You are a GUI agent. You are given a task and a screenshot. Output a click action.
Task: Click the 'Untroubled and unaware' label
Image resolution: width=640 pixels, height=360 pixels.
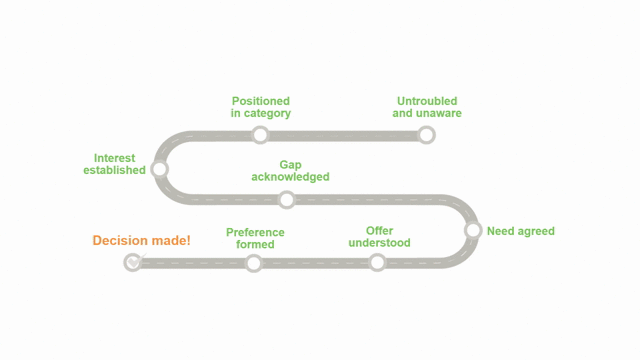click(427, 107)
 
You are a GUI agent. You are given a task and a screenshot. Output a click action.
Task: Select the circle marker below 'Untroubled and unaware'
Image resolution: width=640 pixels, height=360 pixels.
click(426, 135)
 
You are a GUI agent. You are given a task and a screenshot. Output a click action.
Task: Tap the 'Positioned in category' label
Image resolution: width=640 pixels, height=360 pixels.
click(261, 107)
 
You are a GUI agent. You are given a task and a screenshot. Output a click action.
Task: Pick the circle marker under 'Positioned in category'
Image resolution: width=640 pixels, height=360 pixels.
click(260, 135)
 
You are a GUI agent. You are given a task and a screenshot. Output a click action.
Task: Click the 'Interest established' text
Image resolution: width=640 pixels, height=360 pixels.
click(114, 164)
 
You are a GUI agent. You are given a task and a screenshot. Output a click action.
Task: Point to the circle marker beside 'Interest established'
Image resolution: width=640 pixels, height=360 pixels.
click(159, 169)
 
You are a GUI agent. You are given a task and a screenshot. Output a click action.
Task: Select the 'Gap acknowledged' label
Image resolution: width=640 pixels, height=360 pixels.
click(290, 170)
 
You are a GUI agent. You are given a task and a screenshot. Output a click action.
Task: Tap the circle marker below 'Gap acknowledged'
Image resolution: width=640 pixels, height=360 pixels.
click(286, 200)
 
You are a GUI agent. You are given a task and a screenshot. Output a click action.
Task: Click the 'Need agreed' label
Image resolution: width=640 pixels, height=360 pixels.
click(520, 231)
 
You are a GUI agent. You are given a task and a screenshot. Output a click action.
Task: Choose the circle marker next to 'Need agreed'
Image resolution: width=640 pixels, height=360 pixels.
click(473, 230)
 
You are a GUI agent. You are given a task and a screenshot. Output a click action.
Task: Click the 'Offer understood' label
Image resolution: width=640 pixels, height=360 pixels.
click(379, 237)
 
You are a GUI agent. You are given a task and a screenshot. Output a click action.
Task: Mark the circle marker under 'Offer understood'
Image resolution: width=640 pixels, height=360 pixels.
click(377, 263)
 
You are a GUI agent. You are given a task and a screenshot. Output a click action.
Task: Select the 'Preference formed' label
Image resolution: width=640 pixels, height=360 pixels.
click(255, 238)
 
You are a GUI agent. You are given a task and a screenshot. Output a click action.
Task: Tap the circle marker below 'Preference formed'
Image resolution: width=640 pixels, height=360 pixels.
click(253, 263)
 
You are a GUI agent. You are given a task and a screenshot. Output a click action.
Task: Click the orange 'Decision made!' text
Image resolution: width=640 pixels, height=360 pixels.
click(141, 241)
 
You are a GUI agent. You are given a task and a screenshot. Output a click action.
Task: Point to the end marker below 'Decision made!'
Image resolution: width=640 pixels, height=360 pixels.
click(133, 262)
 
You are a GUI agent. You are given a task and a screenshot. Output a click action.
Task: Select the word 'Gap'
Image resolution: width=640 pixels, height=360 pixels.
click(290, 164)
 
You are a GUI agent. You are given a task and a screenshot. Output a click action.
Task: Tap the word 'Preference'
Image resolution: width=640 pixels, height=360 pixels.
click(255, 232)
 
